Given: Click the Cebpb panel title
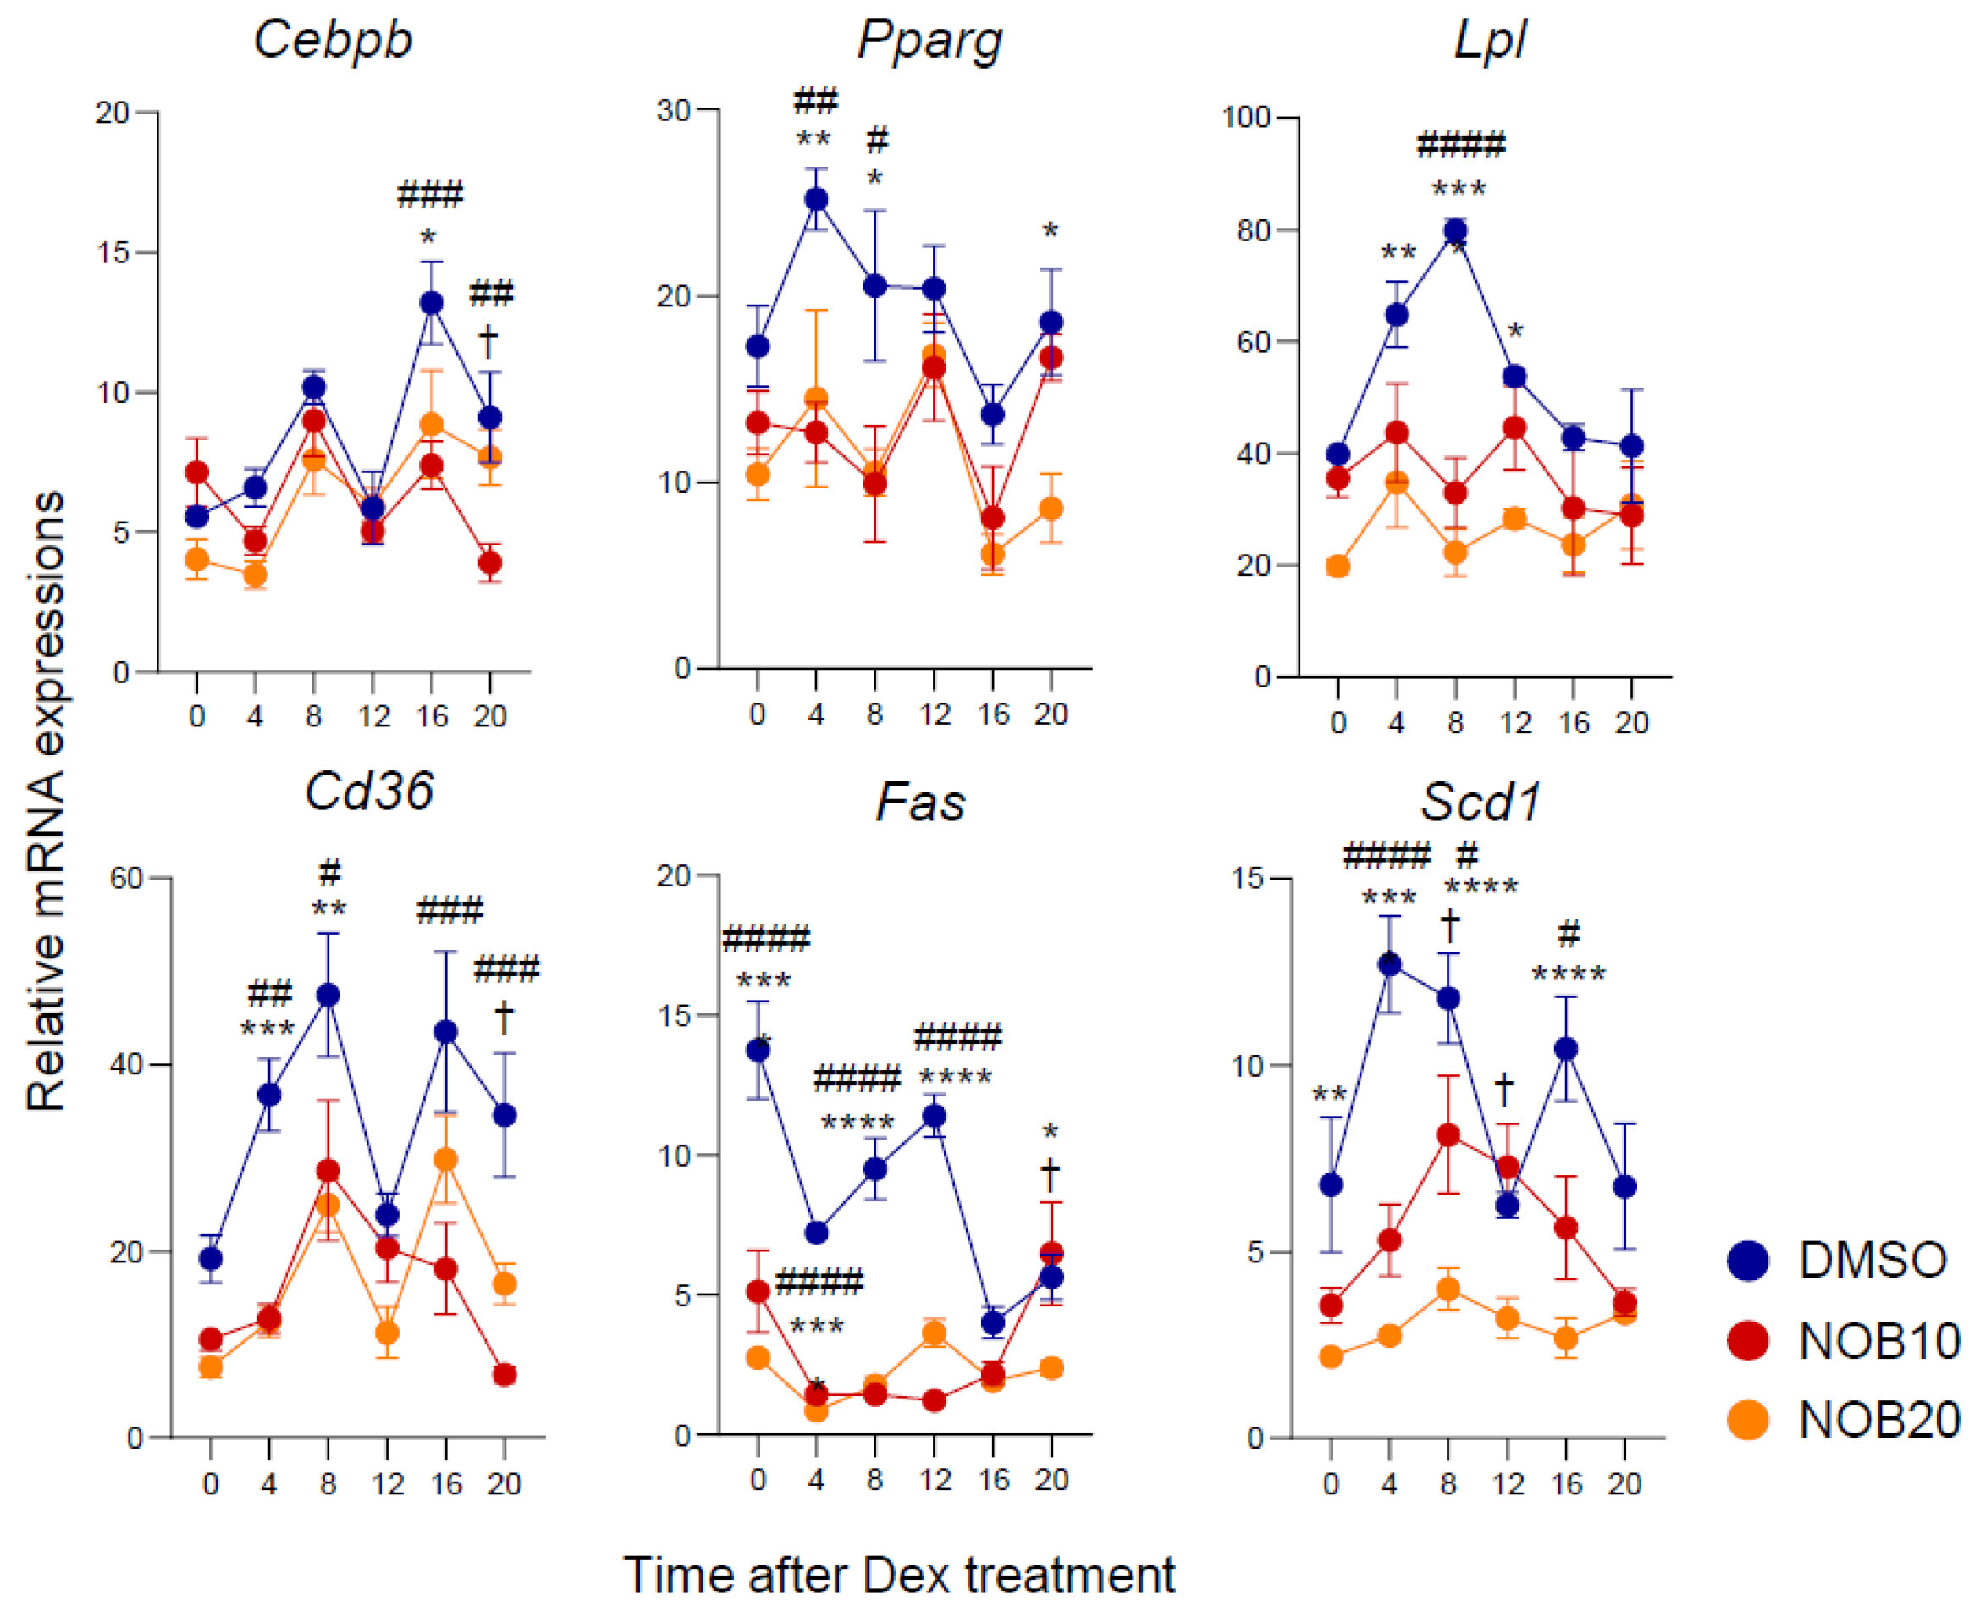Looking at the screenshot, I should point(333,40).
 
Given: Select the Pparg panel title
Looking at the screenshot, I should point(929,40).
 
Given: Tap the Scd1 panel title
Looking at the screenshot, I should point(1480,801).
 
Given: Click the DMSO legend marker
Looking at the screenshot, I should point(1748,1261).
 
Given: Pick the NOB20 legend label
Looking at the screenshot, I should point(1878,1421).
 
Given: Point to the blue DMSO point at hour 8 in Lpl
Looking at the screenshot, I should point(1456,230).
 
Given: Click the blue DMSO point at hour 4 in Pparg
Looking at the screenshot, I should point(816,199).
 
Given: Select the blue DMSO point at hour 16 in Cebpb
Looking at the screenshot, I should point(431,303).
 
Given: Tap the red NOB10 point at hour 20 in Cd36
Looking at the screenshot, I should point(504,1375).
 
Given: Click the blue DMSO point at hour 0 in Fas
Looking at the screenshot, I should point(758,1051).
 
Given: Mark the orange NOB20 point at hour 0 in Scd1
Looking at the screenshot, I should point(1331,1356).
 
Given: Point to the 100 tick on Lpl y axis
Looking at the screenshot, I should point(1246,118).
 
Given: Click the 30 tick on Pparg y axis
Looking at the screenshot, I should point(673,110).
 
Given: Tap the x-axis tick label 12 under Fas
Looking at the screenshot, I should point(934,1479).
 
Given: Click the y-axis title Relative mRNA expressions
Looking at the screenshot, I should point(45,801).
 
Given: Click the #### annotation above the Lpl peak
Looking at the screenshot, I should point(1460,146).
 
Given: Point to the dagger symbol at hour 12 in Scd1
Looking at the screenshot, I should point(1504,1089).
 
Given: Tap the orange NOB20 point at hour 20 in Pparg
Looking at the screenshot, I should point(1051,509).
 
